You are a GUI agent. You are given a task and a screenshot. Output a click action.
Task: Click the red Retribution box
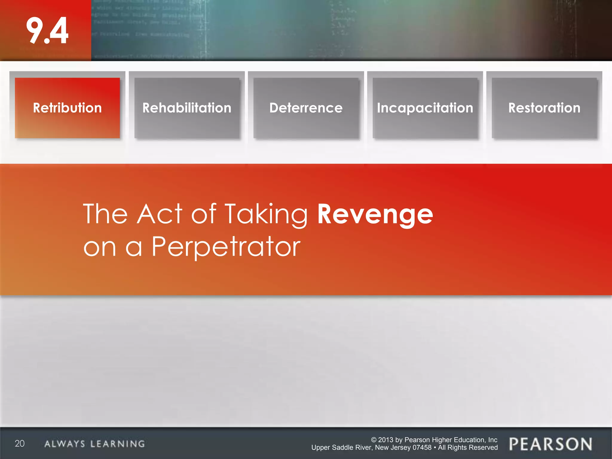(x=67, y=108)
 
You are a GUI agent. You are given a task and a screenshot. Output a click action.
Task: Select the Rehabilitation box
(x=187, y=108)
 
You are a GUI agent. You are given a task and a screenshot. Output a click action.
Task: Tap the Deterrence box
(x=306, y=108)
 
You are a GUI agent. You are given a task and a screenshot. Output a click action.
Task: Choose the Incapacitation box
(x=425, y=108)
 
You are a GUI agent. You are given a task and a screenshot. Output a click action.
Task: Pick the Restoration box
(x=544, y=108)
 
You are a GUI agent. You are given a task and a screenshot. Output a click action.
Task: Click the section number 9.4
(x=47, y=30)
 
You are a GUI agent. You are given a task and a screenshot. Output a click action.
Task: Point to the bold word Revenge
(x=375, y=214)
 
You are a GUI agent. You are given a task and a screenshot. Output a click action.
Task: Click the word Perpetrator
(x=226, y=247)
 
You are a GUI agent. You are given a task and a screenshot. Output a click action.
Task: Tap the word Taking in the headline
(x=266, y=214)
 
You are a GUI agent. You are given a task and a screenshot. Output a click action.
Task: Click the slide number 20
(x=20, y=443)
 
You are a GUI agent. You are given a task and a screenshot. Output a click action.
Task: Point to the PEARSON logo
(x=550, y=444)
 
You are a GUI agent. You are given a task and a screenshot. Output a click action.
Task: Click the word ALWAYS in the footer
(x=65, y=444)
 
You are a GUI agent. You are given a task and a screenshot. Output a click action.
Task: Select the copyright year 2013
(x=386, y=440)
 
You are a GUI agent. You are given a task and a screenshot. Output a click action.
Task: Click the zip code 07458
(x=422, y=448)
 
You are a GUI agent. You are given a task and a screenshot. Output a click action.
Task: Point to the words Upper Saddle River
(x=342, y=448)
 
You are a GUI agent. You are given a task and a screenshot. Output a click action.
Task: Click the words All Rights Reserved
(x=468, y=448)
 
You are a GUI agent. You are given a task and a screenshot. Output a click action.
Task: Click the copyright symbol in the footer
(x=374, y=440)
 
